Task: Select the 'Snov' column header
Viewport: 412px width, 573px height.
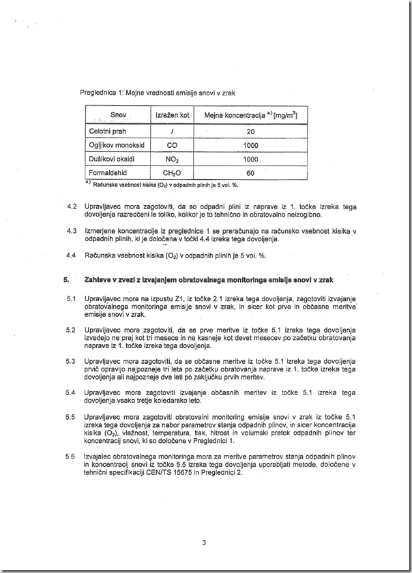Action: pos(119,115)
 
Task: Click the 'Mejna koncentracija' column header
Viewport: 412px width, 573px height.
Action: pos(250,115)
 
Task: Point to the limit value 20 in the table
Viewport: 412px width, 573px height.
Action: pos(250,131)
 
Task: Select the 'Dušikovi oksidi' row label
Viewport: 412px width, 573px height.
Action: pos(112,159)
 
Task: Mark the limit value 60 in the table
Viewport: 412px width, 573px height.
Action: pos(250,173)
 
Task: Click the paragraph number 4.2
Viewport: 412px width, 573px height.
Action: pos(70,206)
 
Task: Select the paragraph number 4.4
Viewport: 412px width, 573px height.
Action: pos(70,255)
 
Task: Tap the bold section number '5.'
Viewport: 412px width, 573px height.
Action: pos(67,279)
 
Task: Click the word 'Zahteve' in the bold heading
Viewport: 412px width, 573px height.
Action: pos(98,279)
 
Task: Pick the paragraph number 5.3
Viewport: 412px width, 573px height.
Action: pos(70,360)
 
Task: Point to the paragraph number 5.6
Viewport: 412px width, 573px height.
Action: pos(70,456)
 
